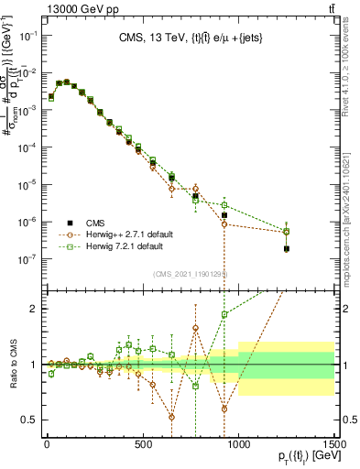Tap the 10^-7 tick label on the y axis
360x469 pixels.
28,259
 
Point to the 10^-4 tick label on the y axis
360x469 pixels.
28,147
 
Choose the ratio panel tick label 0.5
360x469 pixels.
31,420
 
